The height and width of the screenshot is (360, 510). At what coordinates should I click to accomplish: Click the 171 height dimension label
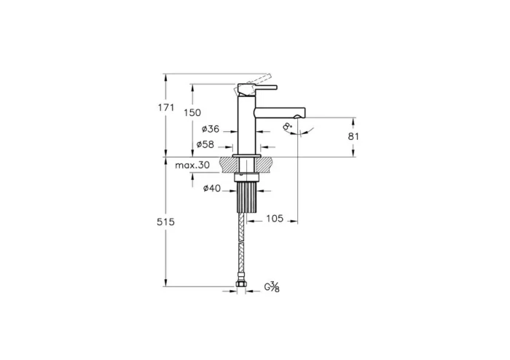166,108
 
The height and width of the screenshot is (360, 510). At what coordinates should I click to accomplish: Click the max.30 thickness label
192,165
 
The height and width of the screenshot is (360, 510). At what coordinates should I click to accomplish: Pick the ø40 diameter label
212,189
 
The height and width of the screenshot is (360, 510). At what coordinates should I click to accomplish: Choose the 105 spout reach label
274,218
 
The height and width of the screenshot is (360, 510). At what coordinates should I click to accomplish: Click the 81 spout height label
354,136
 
